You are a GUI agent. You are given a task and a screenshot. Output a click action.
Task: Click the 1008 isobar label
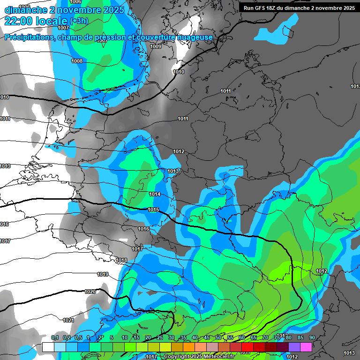(x=77, y=61)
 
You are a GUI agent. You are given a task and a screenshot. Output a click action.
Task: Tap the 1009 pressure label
(x=156, y=46)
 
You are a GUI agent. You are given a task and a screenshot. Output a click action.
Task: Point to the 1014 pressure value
(x=155, y=194)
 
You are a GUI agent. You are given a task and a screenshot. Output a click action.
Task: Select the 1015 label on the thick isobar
(x=153, y=210)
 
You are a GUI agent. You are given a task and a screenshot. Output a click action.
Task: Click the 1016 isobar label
(x=143, y=229)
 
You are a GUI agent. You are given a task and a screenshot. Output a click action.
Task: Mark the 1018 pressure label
(x=121, y=260)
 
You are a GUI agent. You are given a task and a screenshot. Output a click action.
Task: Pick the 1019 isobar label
(x=103, y=274)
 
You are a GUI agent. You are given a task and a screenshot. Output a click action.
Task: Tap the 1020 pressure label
(x=90, y=292)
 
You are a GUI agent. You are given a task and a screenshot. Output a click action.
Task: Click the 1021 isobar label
(x=68, y=320)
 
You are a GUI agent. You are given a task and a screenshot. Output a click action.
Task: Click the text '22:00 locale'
(x=36, y=21)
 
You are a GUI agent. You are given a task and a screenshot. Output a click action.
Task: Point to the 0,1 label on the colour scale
(x=54, y=338)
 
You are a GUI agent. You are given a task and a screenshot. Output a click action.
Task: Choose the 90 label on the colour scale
(x=312, y=338)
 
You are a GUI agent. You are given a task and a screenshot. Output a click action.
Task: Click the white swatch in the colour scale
(x=48, y=347)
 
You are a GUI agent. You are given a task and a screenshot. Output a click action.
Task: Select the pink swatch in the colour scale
(x=306, y=347)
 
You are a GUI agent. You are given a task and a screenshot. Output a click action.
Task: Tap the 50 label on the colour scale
(x=218, y=338)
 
